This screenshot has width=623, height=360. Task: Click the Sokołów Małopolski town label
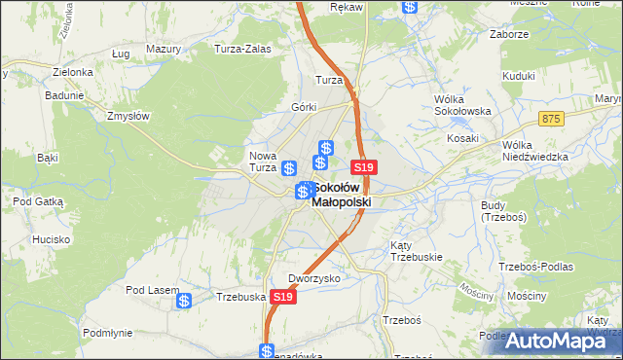coord(342,195)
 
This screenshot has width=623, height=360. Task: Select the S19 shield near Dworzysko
coord(282,296)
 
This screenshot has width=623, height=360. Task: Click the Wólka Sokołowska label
coord(461,105)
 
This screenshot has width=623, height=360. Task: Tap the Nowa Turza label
coord(263,162)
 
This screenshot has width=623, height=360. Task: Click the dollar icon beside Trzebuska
coord(184,302)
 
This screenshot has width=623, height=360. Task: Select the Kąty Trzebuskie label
coord(417,250)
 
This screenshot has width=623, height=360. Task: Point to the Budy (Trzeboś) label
coord(503,210)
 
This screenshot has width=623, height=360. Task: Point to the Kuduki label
coord(519,75)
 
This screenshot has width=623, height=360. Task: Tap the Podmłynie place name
coord(107,332)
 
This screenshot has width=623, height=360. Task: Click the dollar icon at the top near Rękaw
coord(410,6)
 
